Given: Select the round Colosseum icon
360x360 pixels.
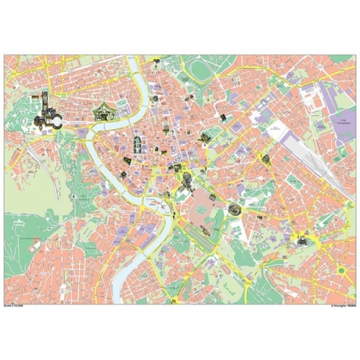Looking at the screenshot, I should (x=234, y=211).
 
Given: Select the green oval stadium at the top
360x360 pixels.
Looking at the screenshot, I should (x=200, y=70).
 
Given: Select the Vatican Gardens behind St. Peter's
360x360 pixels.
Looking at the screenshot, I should (x=25, y=115).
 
